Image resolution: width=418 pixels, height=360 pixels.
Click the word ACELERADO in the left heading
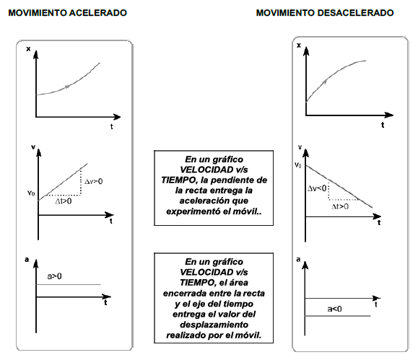98,13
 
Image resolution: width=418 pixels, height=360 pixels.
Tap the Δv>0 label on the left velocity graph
94,182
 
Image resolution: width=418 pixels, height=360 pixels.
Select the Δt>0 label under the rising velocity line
64,201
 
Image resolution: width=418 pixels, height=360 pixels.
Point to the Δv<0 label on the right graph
317,188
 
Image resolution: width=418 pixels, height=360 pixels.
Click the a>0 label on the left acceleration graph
54,276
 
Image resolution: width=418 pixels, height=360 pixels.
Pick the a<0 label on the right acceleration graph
334,309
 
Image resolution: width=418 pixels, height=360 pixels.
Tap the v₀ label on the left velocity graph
31,193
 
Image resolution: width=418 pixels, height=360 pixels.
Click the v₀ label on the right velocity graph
298,165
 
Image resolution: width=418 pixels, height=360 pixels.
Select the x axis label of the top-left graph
28,49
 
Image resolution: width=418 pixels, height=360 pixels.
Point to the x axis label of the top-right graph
299,45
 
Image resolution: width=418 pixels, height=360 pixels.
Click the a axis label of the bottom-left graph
27,260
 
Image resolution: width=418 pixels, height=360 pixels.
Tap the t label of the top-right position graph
383,125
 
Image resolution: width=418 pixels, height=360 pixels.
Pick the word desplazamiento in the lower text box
214,325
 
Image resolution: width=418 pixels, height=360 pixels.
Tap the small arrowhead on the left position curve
69,86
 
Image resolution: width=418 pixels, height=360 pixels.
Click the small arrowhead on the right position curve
324,82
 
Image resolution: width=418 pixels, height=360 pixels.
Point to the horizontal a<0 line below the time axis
338,316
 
